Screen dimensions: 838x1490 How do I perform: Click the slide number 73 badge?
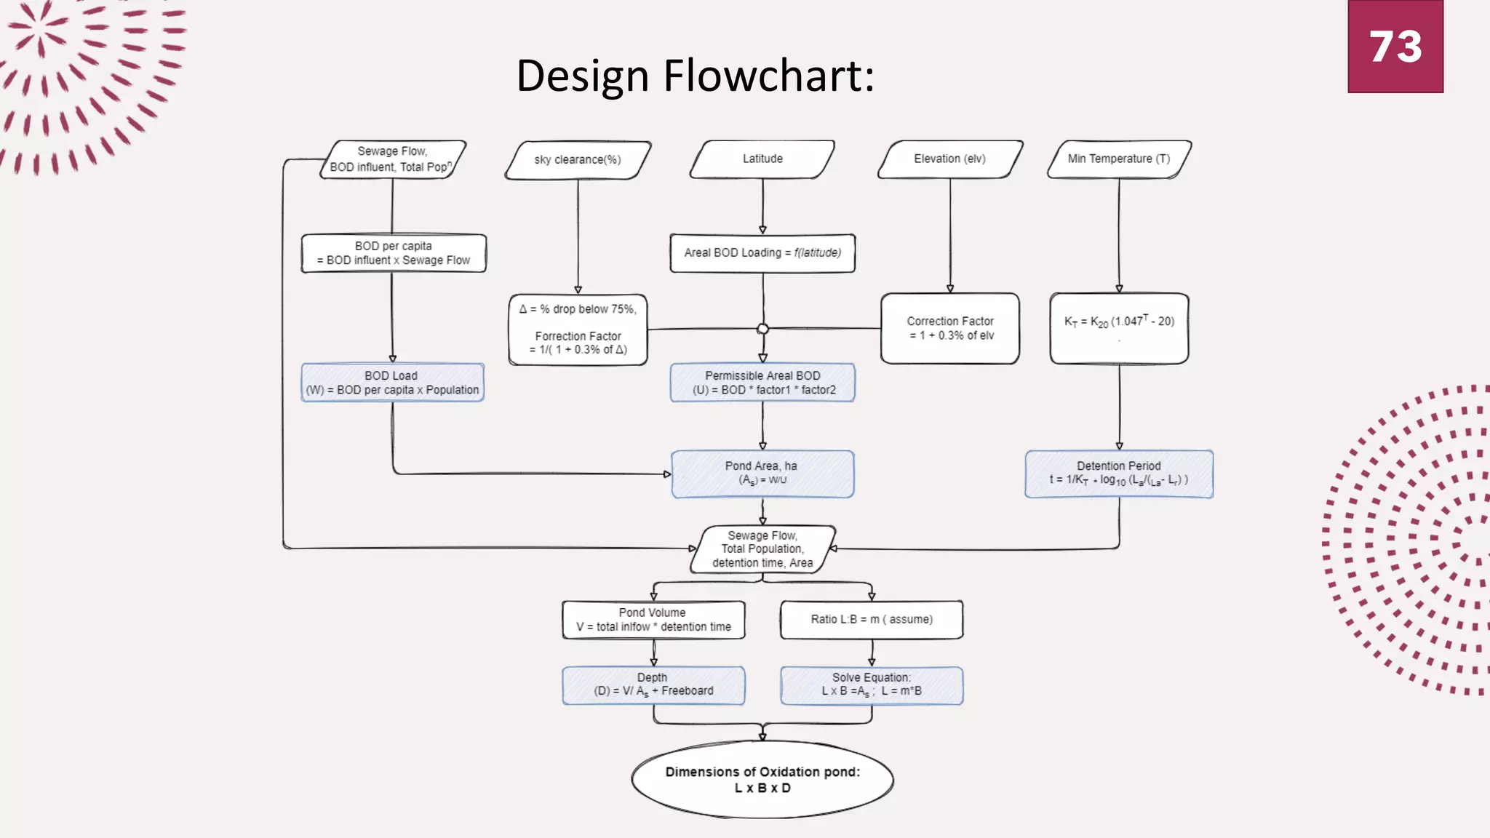[x=1395, y=47]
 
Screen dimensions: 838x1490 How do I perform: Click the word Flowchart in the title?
[x=768, y=76]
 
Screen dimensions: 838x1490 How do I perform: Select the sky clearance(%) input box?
[x=578, y=160]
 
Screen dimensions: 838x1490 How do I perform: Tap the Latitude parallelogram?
[x=762, y=159]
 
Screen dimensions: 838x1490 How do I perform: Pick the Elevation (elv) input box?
[x=949, y=159]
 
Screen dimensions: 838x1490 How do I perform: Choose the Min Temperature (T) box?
[x=1118, y=159]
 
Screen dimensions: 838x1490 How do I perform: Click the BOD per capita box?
[x=393, y=253]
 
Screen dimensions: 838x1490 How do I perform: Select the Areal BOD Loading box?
[x=762, y=253]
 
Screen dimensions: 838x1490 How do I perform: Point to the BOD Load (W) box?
[x=392, y=383]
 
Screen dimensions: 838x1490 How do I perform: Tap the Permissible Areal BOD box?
[x=762, y=383]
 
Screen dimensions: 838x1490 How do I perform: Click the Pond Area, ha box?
[x=762, y=474]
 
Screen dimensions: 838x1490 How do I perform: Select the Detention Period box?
[x=1118, y=474]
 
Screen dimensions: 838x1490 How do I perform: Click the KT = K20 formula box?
[x=1118, y=328]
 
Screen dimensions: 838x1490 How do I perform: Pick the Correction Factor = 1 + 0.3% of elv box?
[x=949, y=328]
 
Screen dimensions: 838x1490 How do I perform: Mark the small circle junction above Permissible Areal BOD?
[x=762, y=329]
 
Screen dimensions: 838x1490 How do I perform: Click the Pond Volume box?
[x=653, y=620]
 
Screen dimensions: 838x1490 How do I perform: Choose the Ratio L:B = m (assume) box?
[x=871, y=620]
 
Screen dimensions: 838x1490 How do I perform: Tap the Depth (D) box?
[x=653, y=685]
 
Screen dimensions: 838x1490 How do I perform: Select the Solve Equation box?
[x=871, y=685]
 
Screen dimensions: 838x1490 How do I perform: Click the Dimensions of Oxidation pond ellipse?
[x=762, y=780]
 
